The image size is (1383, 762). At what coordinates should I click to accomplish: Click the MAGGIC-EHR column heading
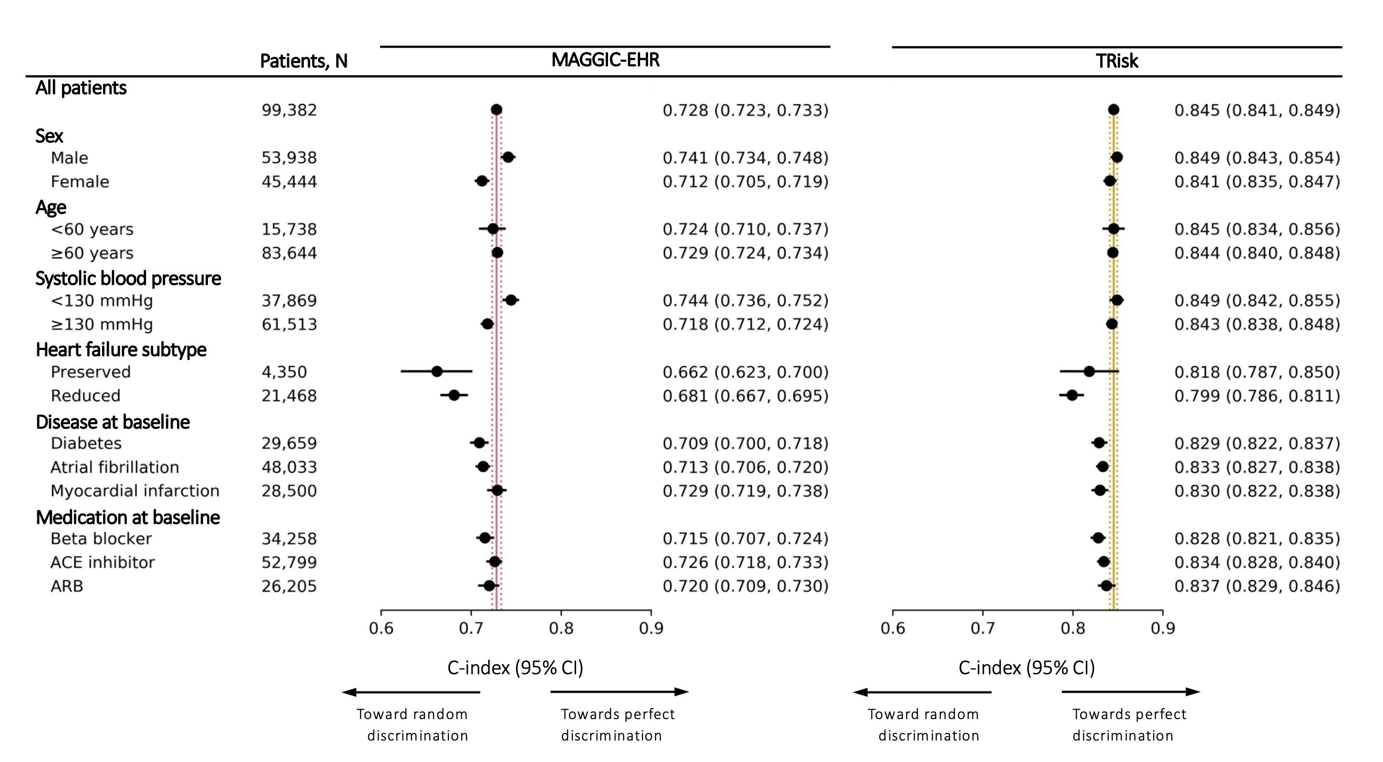[x=605, y=60]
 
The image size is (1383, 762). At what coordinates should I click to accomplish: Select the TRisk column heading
[x=1117, y=61]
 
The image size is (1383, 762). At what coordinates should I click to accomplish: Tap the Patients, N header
[x=303, y=61]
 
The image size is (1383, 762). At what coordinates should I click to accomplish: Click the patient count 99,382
[x=289, y=110]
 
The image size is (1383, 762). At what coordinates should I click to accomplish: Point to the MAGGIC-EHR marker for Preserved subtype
[x=437, y=371]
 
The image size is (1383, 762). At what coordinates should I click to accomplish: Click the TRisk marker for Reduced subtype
[x=1072, y=395]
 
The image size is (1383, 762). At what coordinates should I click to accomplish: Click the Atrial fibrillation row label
[x=114, y=467]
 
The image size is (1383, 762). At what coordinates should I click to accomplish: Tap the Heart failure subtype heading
[x=121, y=350]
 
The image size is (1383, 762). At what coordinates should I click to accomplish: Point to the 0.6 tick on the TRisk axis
[x=893, y=628]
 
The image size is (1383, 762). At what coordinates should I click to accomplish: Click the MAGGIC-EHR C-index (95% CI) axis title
[x=515, y=668]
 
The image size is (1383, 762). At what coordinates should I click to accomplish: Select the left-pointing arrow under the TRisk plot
[x=922, y=692]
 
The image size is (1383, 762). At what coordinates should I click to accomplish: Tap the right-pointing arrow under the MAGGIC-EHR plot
[x=619, y=691]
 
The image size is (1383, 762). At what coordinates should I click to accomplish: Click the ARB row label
[x=67, y=586]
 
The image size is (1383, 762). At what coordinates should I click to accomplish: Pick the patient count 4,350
[x=284, y=371]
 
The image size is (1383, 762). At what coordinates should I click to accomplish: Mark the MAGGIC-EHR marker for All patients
[x=496, y=110]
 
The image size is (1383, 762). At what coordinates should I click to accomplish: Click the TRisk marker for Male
[x=1117, y=157]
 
